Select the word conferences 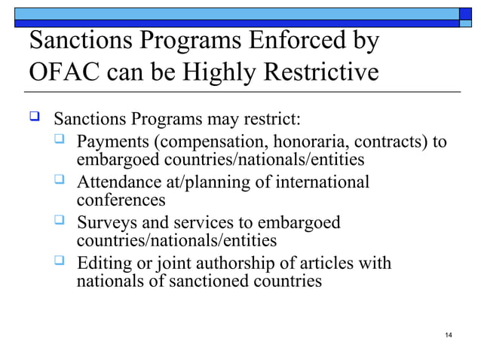(x=121, y=200)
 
